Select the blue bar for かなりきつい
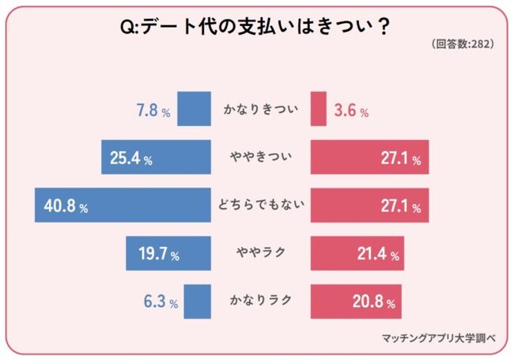click(x=194, y=109)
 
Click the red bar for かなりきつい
click(x=319, y=109)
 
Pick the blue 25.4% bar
click(x=156, y=157)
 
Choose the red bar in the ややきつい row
click(x=370, y=157)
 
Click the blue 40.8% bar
click(x=123, y=206)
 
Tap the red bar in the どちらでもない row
click(x=370, y=206)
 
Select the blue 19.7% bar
click(x=168, y=254)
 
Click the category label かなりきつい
click(x=260, y=109)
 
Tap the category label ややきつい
click(x=260, y=157)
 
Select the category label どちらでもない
click(x=260, y=206)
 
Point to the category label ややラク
click(x=260, y=254)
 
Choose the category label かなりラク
click(x=260, y=301)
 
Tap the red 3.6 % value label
click(x=351, y=111)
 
